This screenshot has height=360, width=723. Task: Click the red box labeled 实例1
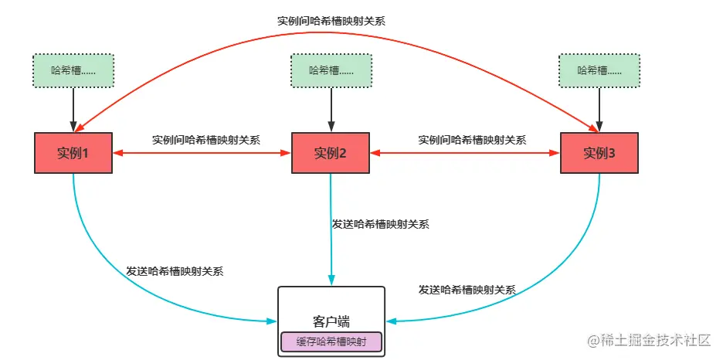coord(73,153)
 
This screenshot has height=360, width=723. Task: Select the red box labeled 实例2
coord(331,153)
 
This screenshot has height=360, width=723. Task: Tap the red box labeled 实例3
coord(599,153)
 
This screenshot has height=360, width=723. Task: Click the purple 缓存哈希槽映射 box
coord(331,341)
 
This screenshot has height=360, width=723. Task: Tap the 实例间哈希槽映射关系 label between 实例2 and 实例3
coord(472,140)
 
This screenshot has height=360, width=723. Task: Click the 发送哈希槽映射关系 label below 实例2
coord(380,224)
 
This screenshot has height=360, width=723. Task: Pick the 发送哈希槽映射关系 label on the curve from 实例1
coord(175,271)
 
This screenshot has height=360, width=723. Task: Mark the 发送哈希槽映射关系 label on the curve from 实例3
coord(467,290)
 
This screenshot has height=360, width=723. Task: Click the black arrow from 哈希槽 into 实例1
coord(73,109)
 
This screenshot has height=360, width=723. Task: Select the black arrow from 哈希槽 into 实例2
coord(331,109)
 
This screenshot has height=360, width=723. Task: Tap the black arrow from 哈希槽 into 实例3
coord(599,109)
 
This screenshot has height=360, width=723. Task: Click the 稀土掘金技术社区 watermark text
coord(654,340)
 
